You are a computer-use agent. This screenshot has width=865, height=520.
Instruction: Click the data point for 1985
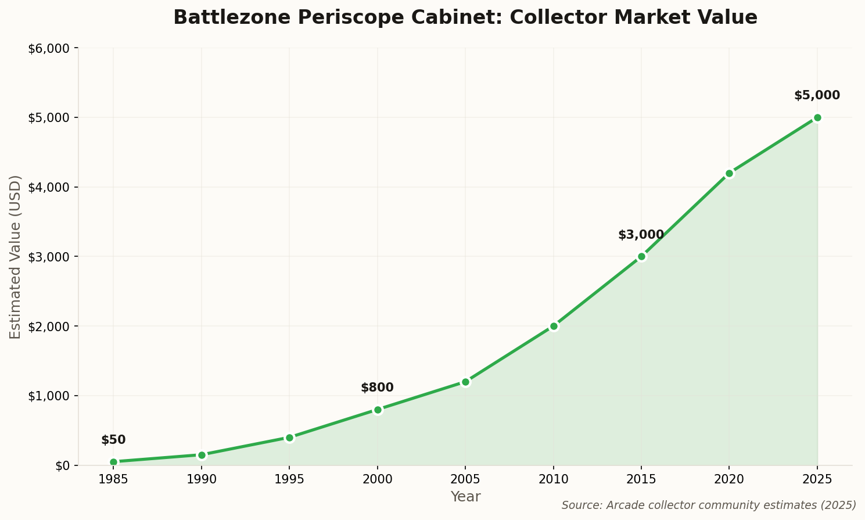113,462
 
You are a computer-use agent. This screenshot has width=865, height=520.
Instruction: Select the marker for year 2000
378,410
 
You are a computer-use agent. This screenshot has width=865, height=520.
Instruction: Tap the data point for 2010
554,326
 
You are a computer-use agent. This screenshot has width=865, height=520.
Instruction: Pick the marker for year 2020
729,173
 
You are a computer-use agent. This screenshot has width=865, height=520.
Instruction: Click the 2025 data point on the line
817,117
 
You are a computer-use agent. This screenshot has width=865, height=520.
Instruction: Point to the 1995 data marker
289,437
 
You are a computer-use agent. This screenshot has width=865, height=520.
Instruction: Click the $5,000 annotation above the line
817,95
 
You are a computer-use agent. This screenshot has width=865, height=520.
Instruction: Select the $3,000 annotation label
641,235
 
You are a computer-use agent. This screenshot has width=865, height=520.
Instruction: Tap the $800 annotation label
377,388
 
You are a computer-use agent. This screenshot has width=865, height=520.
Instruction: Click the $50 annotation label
113,440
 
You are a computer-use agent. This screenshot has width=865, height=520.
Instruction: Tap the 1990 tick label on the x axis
202,479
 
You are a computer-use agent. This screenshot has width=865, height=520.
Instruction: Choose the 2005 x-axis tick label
465,479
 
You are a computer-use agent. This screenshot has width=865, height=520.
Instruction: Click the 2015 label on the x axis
641,479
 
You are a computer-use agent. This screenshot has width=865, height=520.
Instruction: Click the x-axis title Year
465,497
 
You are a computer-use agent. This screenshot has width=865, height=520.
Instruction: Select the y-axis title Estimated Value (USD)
16,256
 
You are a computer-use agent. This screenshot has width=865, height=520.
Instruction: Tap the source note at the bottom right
709,505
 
